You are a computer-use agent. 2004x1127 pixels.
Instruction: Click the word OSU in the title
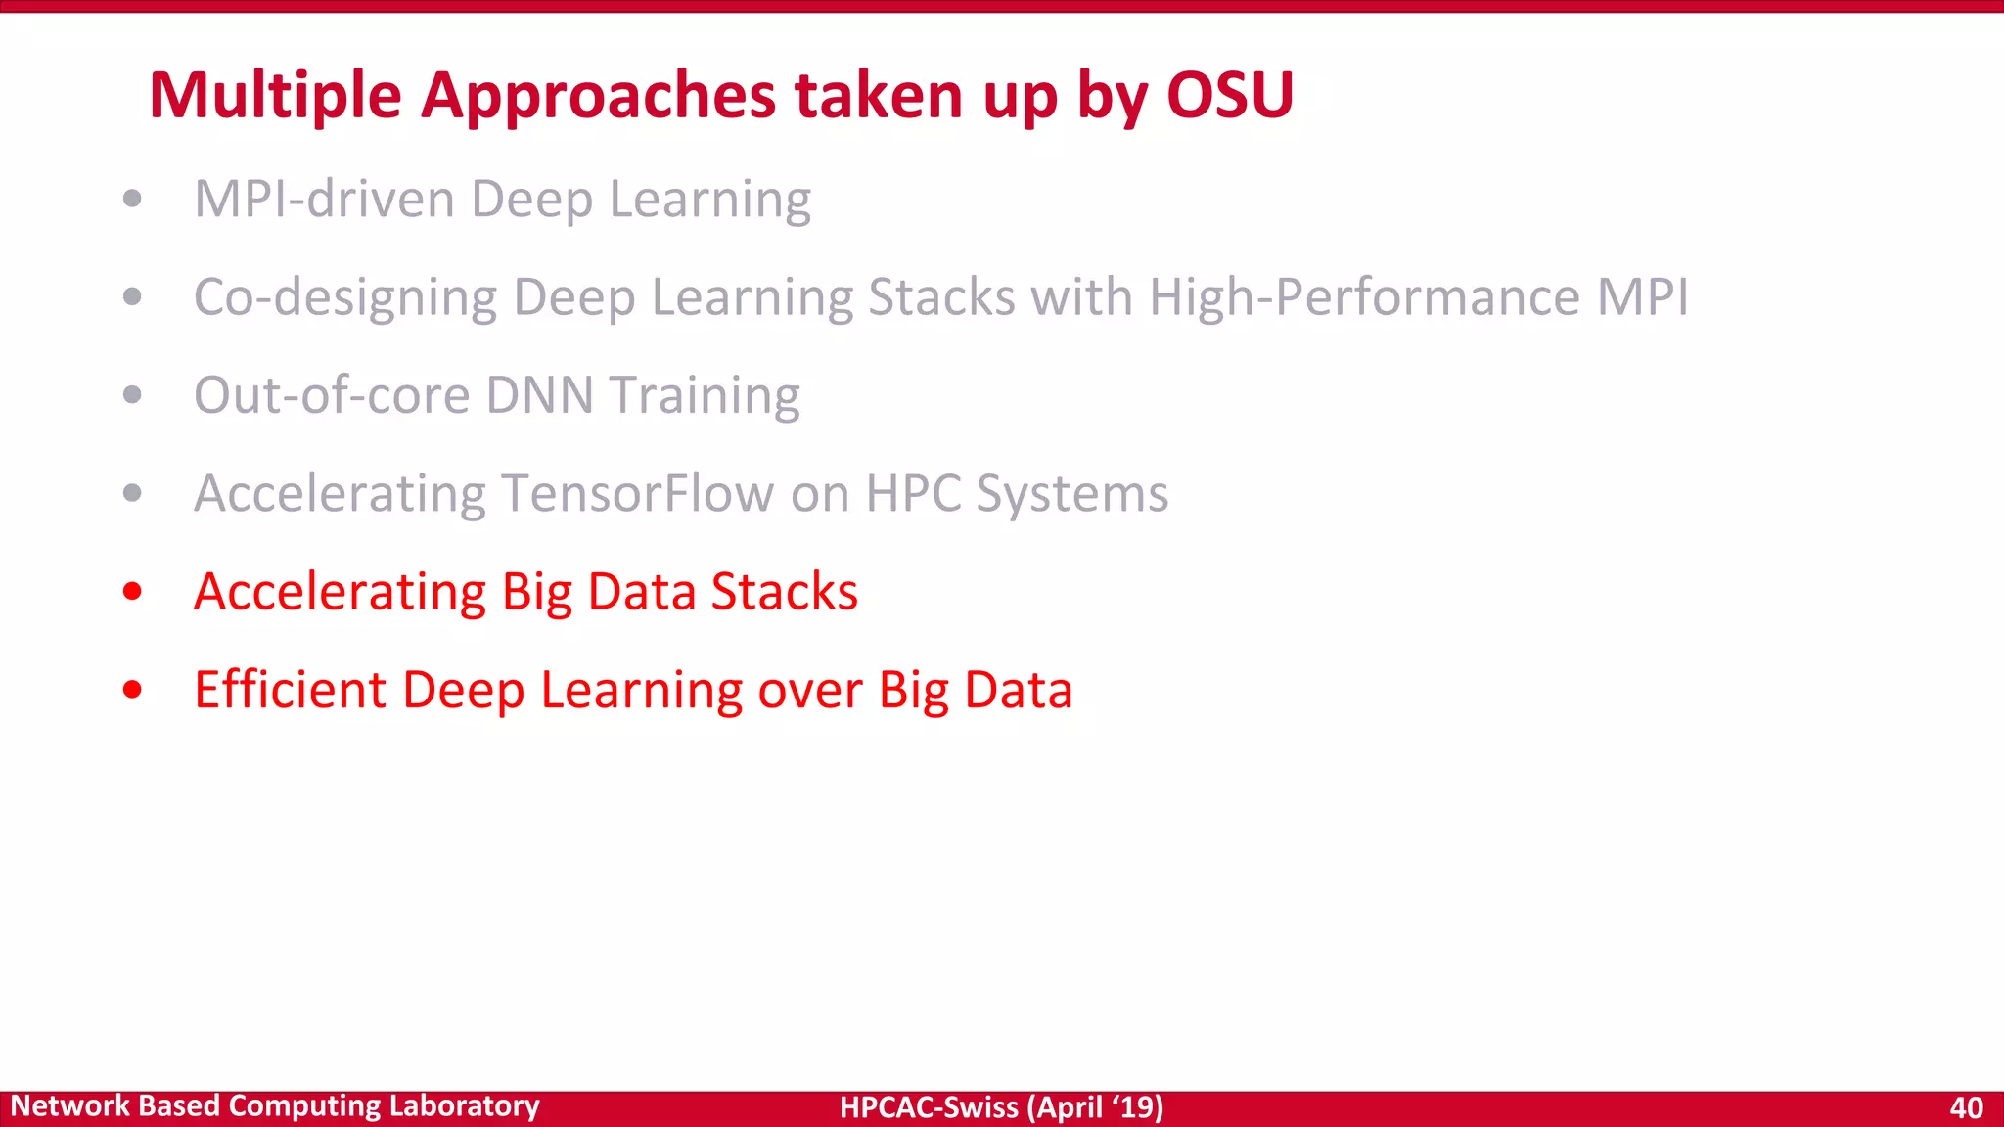click(1230, 96)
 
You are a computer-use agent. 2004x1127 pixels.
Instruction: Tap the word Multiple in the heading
click(275, 96)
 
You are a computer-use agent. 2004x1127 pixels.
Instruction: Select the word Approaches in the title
click(598, 96)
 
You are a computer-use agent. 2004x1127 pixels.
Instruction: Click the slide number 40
click(1966, 1107)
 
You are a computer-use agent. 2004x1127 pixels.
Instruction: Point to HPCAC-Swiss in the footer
click(929, 1107)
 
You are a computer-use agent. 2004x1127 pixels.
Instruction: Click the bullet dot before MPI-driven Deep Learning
click(133, 200)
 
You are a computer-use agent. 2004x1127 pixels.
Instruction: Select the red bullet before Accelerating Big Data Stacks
click(133, 592)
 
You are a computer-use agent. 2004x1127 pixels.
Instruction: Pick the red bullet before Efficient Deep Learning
click(133, 690)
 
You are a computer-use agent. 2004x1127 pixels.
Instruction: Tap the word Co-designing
click(345, 297)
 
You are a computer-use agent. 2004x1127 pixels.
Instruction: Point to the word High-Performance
click(1364, 297)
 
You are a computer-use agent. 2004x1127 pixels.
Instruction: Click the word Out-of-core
click(332, 395)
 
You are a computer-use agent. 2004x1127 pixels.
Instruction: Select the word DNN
click(540, 395)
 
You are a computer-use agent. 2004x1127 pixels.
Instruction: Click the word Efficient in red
click(290, 690)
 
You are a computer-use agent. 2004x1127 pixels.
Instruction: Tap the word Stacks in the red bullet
click(784, 592)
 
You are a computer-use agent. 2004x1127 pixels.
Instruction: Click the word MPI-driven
click(324, 200)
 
